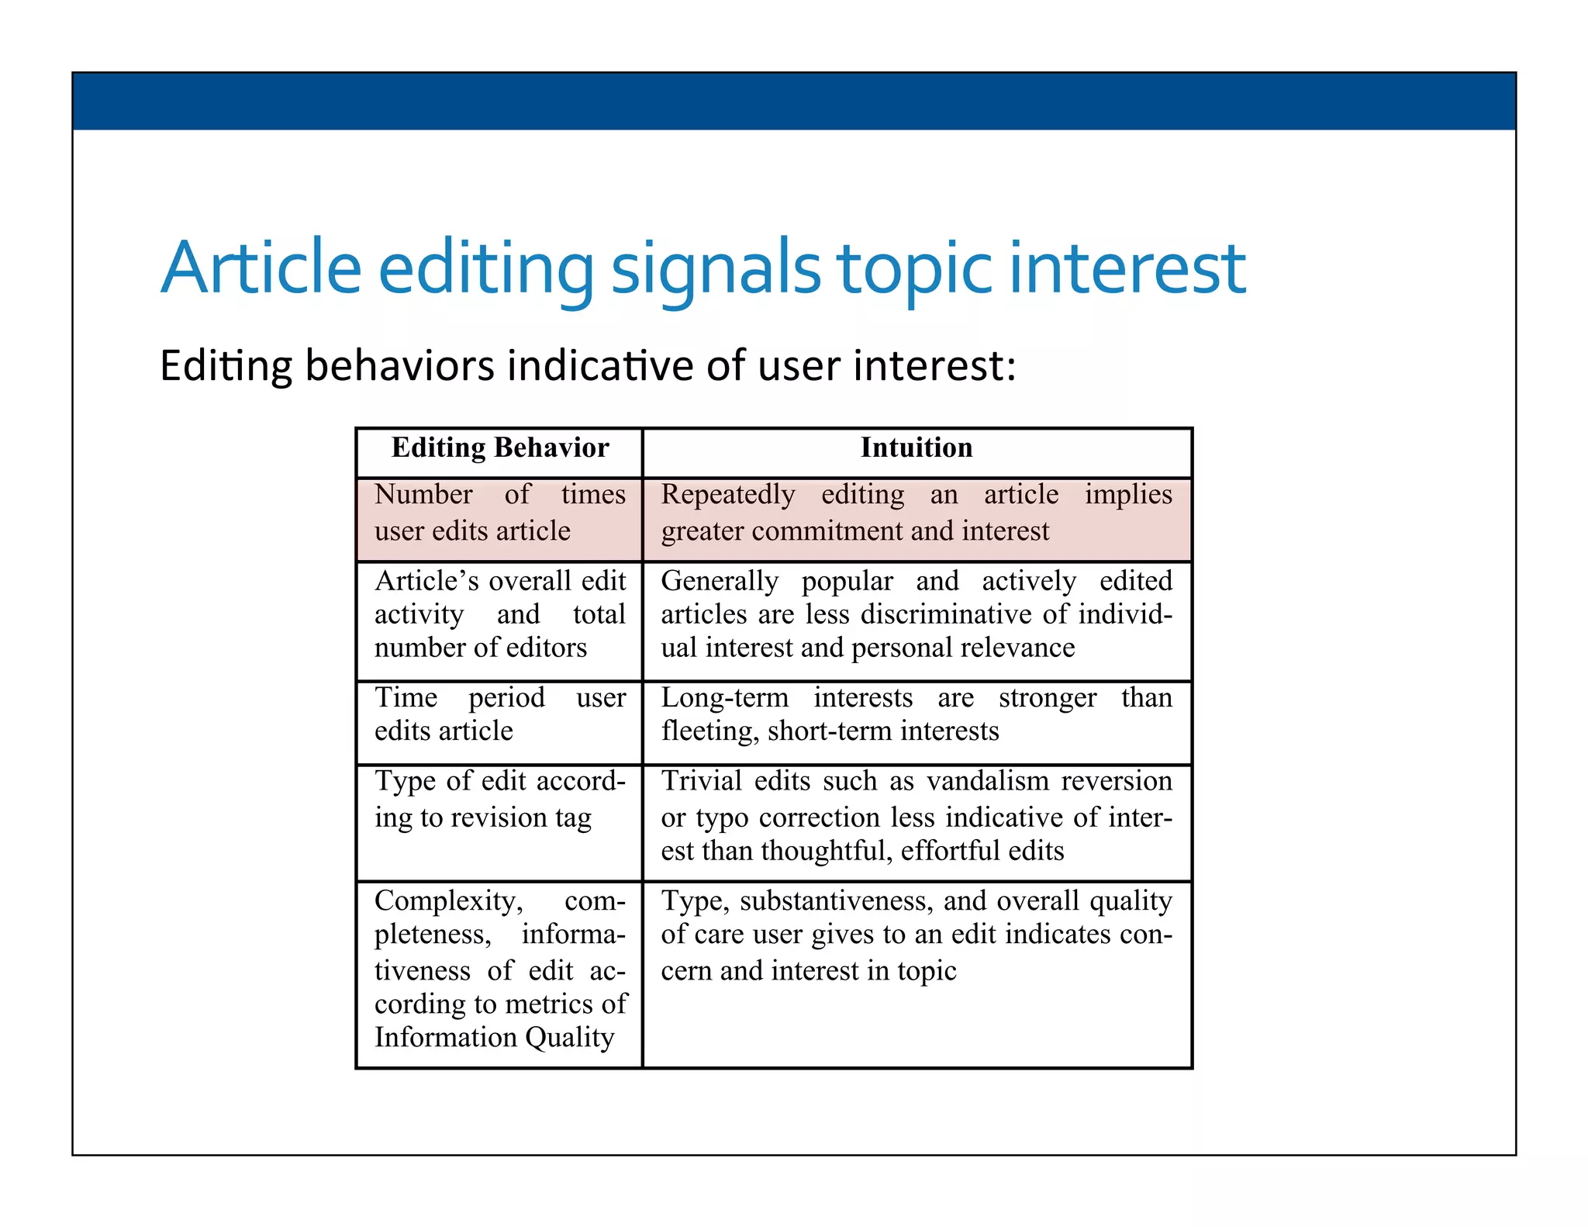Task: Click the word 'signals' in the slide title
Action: pos(715,269)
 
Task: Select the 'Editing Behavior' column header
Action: pos(500,448)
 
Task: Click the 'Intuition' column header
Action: pos(916,448)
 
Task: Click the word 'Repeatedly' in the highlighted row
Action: pos(728,495)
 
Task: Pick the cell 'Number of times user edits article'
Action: pos(499,513)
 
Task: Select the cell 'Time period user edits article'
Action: pos(499,714)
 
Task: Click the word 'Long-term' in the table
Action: pos(724,698)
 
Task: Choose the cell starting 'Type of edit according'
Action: pos(499,800)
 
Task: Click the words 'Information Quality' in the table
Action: pos(494,1038)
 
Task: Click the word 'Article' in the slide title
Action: pos(261,269)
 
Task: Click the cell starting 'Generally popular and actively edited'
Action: pos(916,614)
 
